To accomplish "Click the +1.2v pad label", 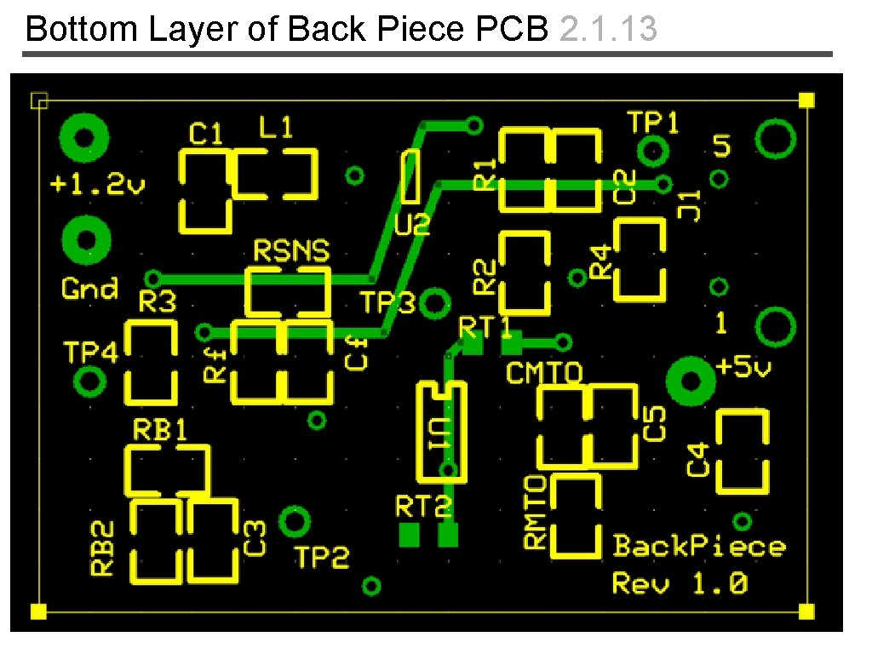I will click(x=98, y=183).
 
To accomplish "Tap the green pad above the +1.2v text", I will click(x=83, y=137).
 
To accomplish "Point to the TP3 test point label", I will click(x=387, y=302).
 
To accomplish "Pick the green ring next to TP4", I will click(x=89, y=381).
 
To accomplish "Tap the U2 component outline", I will click(x=411, y=175).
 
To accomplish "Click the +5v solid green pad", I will click(x=688, y=380).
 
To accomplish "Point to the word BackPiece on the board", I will click(x=699, y=546).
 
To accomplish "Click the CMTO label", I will click(x=544, y=372).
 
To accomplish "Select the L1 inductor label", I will click(x=275, y=129).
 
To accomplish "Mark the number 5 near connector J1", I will click(x=721, y=146).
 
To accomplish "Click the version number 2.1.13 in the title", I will click(x=609, y=29).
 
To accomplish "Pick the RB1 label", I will click(x=159, y=429).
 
